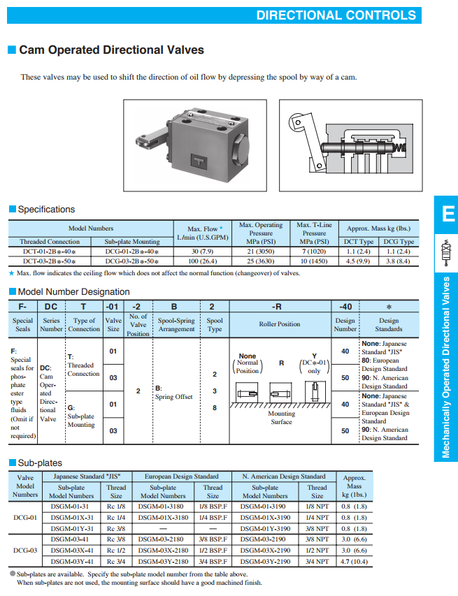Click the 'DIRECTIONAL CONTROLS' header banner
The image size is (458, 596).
(x=336, y=15)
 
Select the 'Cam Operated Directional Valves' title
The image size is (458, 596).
(x=111, y=50)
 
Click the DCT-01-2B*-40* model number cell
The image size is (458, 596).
(x=50, y=252)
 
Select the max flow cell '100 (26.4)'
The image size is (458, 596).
(x=203, y=261)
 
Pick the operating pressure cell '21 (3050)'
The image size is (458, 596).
(x=261, y=252)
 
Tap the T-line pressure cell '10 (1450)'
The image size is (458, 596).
(x=314, y=261)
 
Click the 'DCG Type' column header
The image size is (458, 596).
(x=399, y=242)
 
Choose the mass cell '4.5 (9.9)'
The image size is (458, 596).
(x=359, y=261)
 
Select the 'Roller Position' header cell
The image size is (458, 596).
(x=279, y=324)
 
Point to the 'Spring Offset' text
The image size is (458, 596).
(x=173, y=397)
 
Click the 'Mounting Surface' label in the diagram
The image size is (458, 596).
(x=281, y=418)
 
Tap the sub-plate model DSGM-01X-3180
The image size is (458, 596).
(x=163, y=518)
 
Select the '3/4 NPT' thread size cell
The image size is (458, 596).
(x=317, y=561)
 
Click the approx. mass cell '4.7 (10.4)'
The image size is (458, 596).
(x=355, y=561)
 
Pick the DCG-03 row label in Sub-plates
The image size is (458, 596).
(x=25, y=550)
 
